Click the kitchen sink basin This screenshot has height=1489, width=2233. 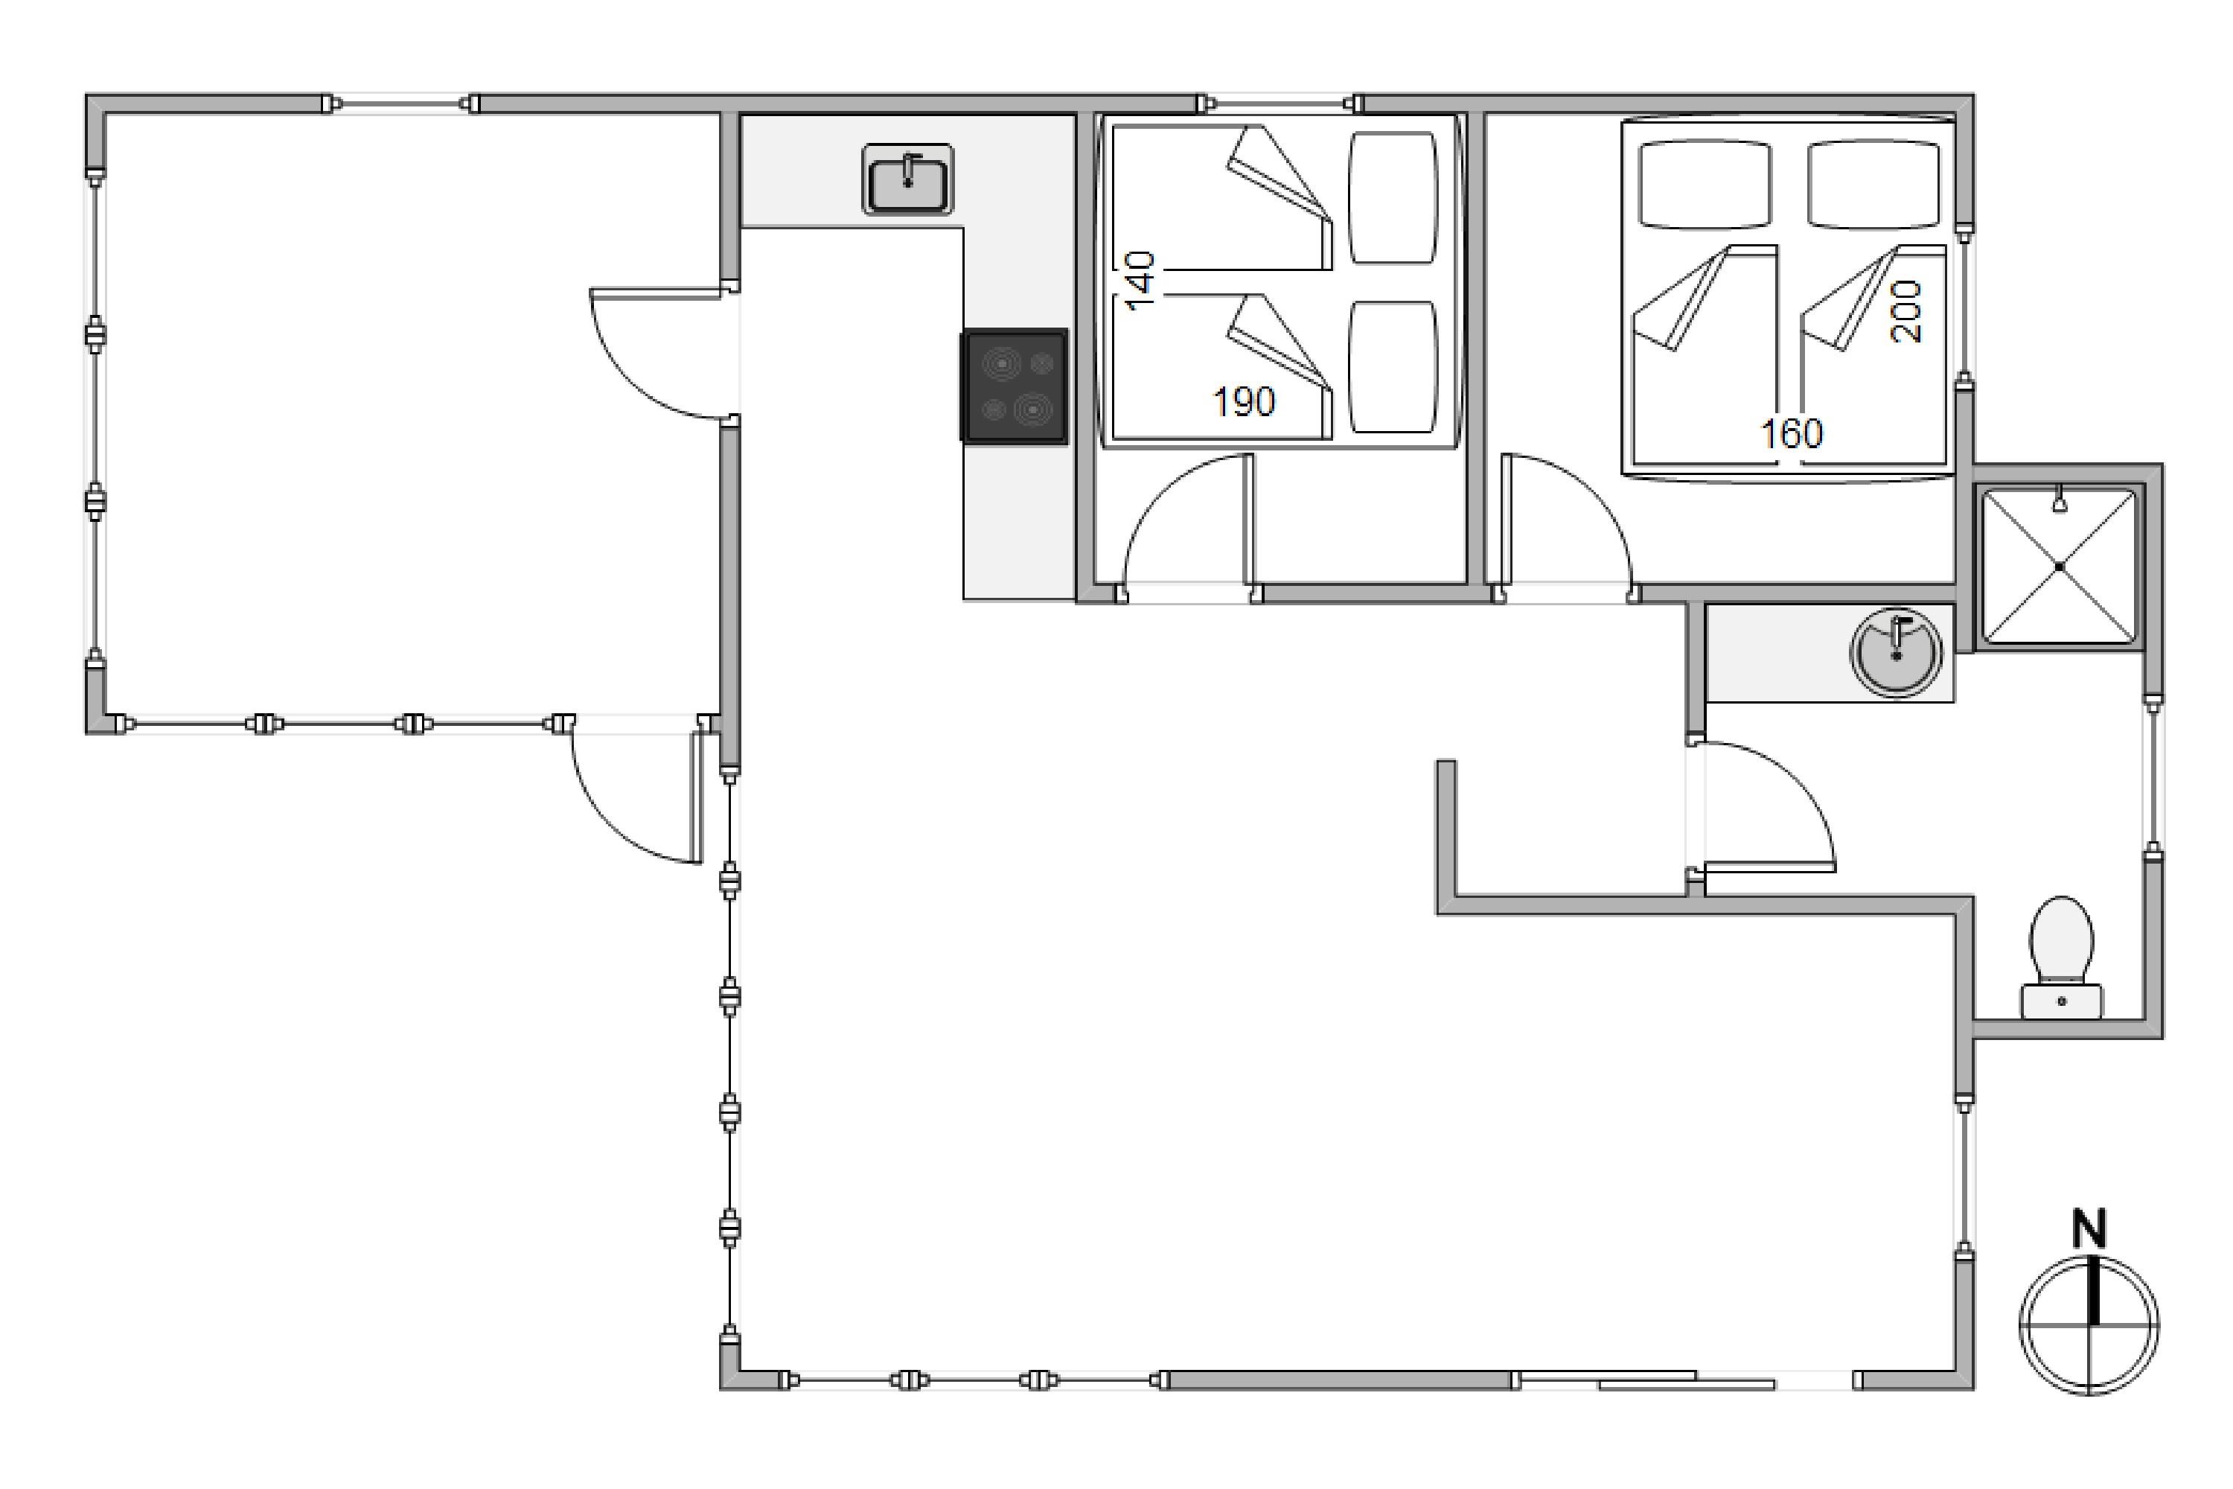tap(907, 179)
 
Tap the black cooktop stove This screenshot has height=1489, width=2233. tap(1015, 386)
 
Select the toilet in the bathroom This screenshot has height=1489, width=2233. tap(2061, 957)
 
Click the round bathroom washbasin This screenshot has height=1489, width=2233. tap(1897, 654)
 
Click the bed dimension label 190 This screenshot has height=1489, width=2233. tap(1245, 403)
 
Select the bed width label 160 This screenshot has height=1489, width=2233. tap(1792, 434)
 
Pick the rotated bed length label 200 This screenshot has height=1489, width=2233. tap(1906, 311)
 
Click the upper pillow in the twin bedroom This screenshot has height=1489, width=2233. tap(1393, 197)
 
